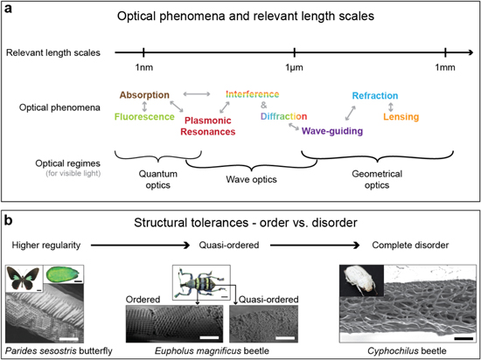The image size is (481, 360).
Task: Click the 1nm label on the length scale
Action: [143, 68]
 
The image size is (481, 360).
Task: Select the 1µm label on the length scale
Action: [295, 68]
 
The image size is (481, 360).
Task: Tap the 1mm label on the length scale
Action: [446, 68]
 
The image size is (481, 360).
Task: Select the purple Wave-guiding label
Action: [332, 131]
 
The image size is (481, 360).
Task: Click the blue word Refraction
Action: [375, 96]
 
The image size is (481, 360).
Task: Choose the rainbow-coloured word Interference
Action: [252, 93]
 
